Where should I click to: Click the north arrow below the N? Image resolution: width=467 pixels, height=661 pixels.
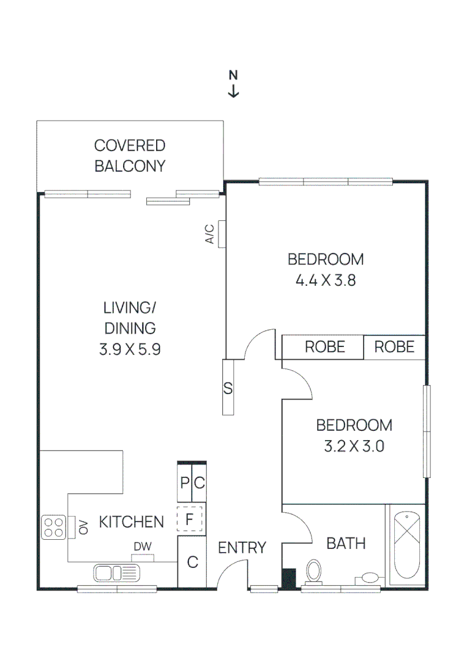(234, 91)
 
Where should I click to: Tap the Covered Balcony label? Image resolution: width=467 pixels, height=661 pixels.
(130, 155)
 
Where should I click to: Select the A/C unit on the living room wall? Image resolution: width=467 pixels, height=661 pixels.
(222, 234)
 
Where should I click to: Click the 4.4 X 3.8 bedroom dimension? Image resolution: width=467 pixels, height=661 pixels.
(326, 280)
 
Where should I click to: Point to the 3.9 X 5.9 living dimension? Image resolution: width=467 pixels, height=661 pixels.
(130, 349)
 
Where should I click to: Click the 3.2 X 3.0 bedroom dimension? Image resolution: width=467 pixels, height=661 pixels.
(354, 446)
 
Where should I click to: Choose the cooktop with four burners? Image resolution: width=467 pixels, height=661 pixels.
(53, 527)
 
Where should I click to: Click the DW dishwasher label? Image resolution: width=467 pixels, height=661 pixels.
(143, 547)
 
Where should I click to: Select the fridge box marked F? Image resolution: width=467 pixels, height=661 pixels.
(189, 519)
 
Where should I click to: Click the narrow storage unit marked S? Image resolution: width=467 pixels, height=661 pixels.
(228, 387)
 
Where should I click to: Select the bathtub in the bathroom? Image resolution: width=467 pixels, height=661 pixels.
(407, 545)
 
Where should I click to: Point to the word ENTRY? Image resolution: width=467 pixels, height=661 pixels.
(242, 548)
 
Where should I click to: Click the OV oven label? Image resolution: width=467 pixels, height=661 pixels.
(83, 527)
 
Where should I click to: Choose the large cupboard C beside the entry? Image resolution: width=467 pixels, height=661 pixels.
(192, 561)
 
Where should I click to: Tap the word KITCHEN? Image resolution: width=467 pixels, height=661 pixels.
(131, 522)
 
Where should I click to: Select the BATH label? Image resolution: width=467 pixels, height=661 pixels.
(346, 543)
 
